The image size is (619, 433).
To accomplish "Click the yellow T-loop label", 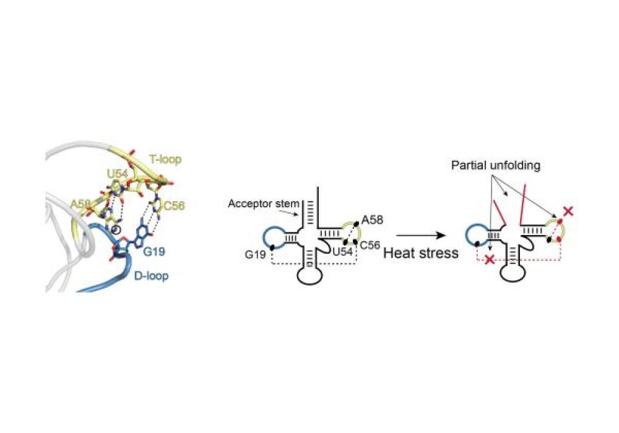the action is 165,160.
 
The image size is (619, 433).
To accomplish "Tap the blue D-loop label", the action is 151,276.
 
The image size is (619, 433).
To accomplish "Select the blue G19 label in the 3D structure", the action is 154,251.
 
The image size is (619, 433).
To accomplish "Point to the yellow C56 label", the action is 174,205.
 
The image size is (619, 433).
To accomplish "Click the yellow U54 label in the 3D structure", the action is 118,174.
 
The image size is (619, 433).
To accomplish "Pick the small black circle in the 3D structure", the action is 115,229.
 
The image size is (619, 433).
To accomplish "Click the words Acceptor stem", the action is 264,204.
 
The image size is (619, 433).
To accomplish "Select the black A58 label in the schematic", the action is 372,220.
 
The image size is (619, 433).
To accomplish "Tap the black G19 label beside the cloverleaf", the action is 256,254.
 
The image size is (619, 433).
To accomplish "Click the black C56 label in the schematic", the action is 370,246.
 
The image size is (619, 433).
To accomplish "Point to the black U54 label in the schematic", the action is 342,252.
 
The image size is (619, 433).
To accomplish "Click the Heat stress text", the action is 421,253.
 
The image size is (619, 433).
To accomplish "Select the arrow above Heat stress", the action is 421,236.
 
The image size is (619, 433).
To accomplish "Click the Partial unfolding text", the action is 495,165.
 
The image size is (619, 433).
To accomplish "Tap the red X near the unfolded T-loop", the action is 568,211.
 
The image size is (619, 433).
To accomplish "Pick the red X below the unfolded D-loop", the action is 490,260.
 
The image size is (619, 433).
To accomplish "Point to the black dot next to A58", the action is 356,224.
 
